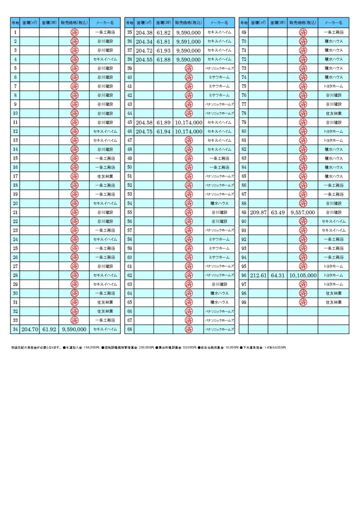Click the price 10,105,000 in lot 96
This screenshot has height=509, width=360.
(303, 275)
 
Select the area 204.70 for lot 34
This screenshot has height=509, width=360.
(30, 329)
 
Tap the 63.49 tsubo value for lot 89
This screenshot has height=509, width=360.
(277, 212)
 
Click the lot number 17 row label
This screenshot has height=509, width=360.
(15, 176)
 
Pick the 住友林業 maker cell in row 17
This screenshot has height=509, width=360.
(105, 176)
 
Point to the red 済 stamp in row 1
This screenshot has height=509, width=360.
(74, 32)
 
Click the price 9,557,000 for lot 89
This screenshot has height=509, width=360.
(303, 212)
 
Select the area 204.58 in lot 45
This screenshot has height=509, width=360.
(144, 122)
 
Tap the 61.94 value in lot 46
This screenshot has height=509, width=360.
(163, 131)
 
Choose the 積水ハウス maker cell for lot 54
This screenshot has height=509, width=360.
(219, 203)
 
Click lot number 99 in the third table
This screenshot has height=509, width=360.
(244, 302)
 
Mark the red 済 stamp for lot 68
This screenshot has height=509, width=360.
(188, 329)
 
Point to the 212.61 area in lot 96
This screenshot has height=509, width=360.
(259, 275)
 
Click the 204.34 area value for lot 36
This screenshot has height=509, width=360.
(144, 41)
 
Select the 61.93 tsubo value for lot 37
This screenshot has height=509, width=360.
(163, 50)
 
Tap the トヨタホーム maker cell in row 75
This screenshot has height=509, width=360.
(333, 86)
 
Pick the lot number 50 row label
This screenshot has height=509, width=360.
(129, 167)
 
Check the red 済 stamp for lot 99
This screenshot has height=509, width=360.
(303, 302)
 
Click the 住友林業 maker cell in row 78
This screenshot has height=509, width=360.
(333, 113)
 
